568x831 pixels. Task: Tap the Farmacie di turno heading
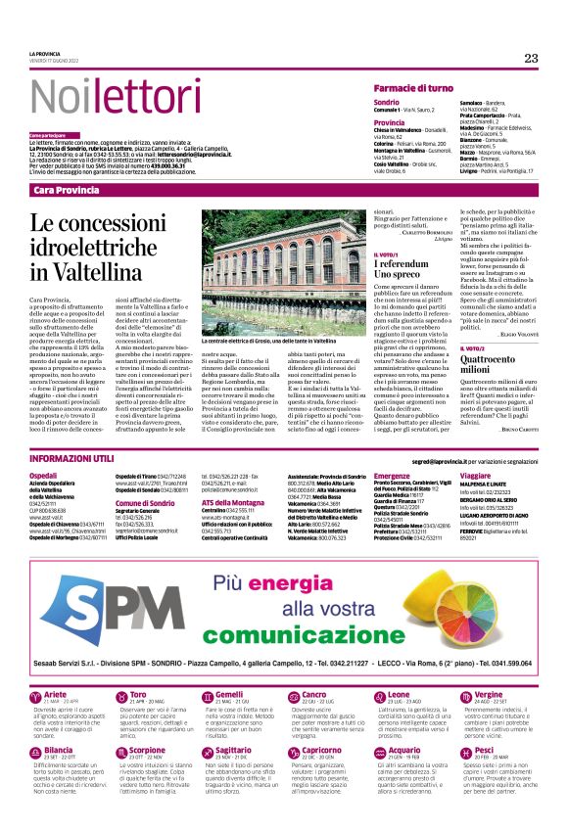(413, 87)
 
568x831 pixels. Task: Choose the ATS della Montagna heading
(235, 501)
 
